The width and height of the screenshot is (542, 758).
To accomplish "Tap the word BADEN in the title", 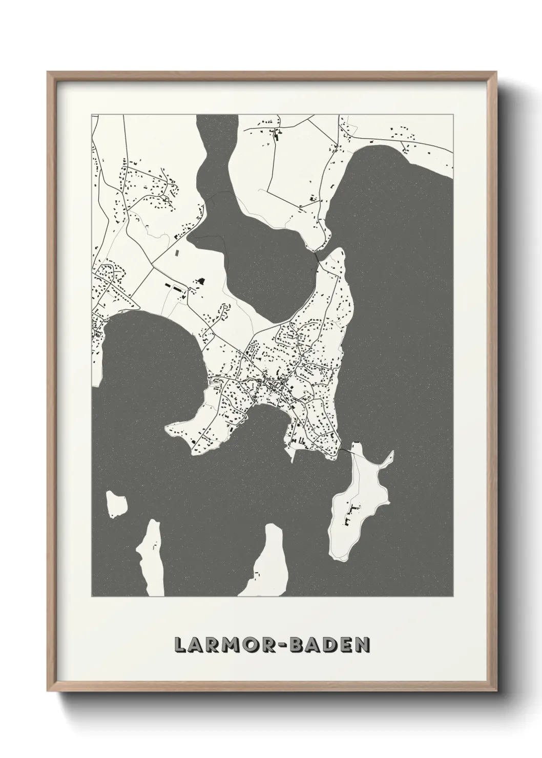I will coord(330,644).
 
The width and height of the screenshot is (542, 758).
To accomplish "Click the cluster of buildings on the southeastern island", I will coord(353,512).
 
